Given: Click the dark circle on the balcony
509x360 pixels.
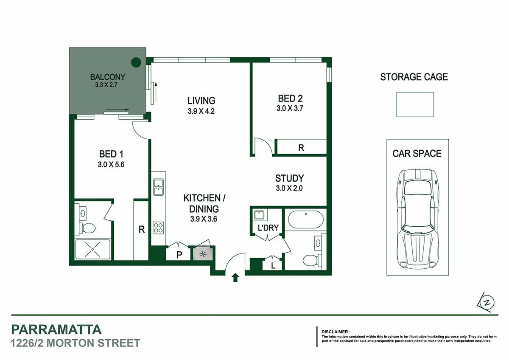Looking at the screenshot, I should (x=136, y=63).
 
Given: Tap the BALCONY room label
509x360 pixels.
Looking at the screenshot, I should (x=108, y=77).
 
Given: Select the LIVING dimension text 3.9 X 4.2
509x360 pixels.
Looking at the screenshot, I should (x=201, y=112).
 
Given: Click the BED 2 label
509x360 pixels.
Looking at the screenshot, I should (x=290, y=98).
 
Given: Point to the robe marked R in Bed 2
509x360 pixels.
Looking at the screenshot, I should (x=301, y=148).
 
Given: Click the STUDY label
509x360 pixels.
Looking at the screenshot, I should (x=289, y=178).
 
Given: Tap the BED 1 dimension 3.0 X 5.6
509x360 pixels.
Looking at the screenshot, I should (x=111, y=165).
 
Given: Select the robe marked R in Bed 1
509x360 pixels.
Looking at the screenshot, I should (x=141, y=230).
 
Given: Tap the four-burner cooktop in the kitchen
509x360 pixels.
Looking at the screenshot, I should (x=159, y=228).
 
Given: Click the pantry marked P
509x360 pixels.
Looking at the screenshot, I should (x=179, y=255).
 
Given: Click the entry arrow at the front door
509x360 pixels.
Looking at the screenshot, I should (x=236, y=278).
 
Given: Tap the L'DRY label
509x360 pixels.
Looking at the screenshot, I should (x=268, y=228).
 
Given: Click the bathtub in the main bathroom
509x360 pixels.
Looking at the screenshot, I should (x=305, y=219).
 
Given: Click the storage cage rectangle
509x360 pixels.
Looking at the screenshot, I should (x=415, y=104).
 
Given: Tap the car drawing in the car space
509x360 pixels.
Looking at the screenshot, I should (x=417, y=217).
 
